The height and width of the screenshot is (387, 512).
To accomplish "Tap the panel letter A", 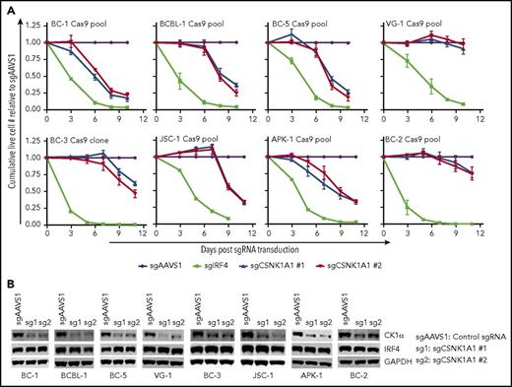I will click(7, 7).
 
